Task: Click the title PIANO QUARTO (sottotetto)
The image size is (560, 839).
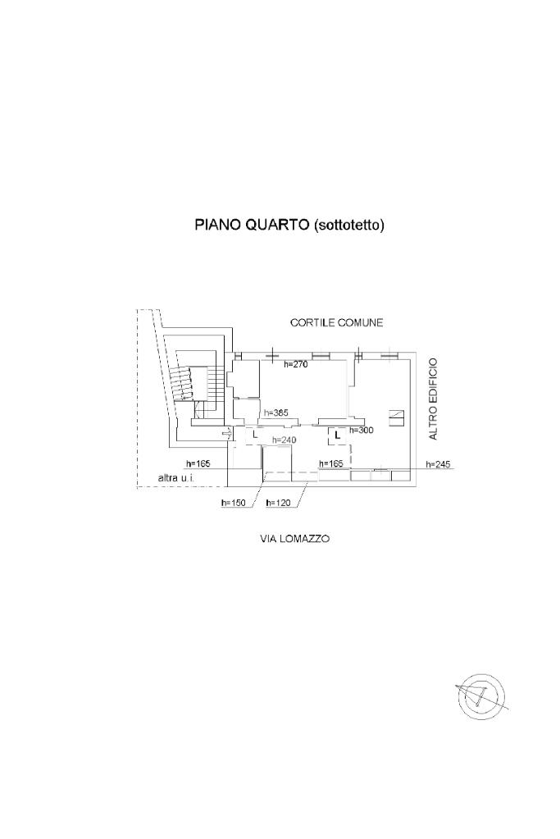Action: coord(289,225)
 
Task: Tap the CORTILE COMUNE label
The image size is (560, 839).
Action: coord(336,323)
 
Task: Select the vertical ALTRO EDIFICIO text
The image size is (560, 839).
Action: coord(434,399)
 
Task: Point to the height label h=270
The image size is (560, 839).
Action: coord(295,364)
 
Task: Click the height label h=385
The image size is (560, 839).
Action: coord(275,413)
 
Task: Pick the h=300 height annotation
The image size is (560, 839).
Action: coord(362,430)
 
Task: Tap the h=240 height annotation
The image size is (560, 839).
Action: coord(284,440)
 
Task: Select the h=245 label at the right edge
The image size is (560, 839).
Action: coord(439,464)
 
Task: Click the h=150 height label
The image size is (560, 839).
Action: coord(234,503)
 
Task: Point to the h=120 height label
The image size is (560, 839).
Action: coord(279,503)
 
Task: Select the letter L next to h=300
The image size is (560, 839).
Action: coord(336,434)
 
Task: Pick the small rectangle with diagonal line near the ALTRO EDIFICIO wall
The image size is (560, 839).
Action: coord(396,415)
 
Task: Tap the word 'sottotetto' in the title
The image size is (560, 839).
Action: coord(349,225)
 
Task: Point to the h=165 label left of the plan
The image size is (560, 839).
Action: coord(198,464)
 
